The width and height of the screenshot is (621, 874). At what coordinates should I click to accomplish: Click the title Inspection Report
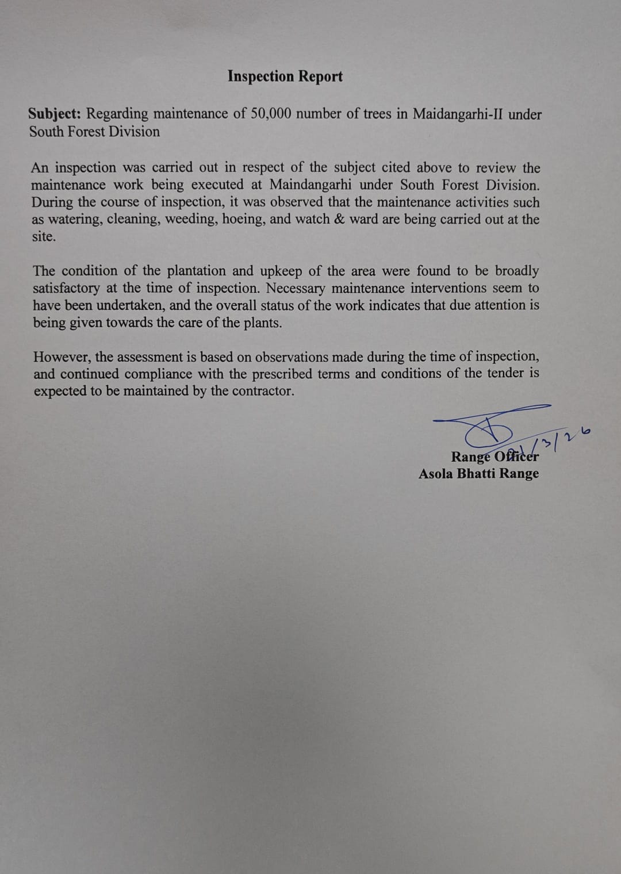coord(285,76)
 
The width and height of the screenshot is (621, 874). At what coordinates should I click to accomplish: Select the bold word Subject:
coord(55,114)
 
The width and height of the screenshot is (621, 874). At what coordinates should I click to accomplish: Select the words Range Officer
coord(494,457)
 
